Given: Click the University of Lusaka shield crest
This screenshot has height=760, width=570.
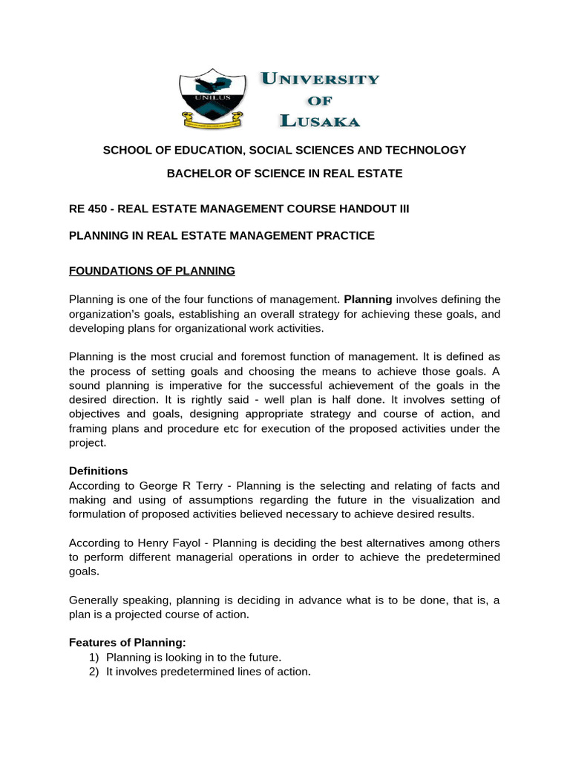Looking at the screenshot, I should click(212, 96).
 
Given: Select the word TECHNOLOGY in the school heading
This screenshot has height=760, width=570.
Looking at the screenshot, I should click(427, 150).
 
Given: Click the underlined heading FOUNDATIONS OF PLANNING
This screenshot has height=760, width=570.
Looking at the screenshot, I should click(151, 271).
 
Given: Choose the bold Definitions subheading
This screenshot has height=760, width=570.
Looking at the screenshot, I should click(98, 471).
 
